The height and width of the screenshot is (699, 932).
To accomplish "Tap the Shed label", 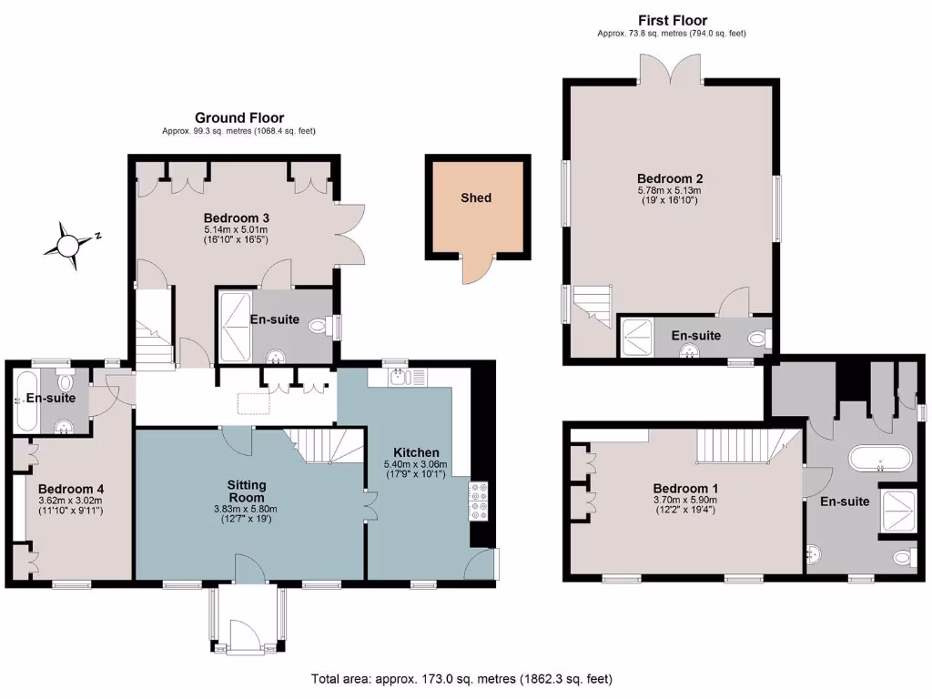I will tap(476, 198).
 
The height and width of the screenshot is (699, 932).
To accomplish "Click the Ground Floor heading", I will tap(239, 117).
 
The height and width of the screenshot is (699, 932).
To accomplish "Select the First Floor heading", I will tap(673, 20).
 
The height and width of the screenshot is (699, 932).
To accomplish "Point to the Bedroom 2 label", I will tap(671, 178).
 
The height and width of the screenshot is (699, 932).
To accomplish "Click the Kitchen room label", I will tap(416, 452).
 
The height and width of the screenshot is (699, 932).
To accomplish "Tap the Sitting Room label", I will tap(247, 491).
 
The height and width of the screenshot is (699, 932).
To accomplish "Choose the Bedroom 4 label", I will tap(70, 486).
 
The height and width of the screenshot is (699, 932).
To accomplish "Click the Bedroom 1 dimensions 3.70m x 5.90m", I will tap(684, 500).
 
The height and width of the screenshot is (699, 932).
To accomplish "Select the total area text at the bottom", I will tap(462, 679).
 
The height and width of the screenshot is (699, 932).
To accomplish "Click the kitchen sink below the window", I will tap(400, 377).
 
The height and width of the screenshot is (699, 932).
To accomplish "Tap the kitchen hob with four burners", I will tap(479, 501).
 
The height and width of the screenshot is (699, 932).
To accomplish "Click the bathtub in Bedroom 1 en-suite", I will tap(879, 458).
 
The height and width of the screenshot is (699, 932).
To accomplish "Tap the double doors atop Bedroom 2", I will tap(671, 68).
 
